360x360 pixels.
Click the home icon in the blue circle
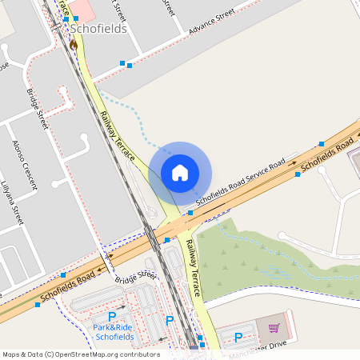[x=180, y=172]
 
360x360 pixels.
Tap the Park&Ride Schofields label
[x=112, y=332]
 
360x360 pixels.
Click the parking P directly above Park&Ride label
[x=112, y=317]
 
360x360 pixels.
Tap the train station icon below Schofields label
[x=74, y=45]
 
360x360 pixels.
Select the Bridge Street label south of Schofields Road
[x=135, y=276]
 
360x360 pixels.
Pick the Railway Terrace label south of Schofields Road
[x=193, y=268]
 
